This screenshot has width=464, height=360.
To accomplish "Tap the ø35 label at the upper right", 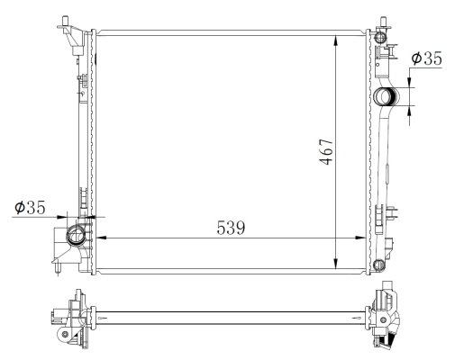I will (x=425, y=58).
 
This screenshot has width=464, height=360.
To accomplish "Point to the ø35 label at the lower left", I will (x=32, y=207).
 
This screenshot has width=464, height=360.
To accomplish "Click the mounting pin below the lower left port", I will (x=58, y=267).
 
